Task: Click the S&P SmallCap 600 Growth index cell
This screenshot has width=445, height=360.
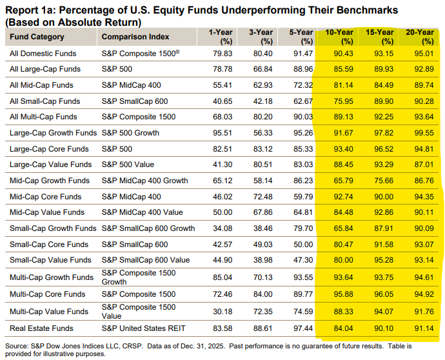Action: point(148,228)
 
